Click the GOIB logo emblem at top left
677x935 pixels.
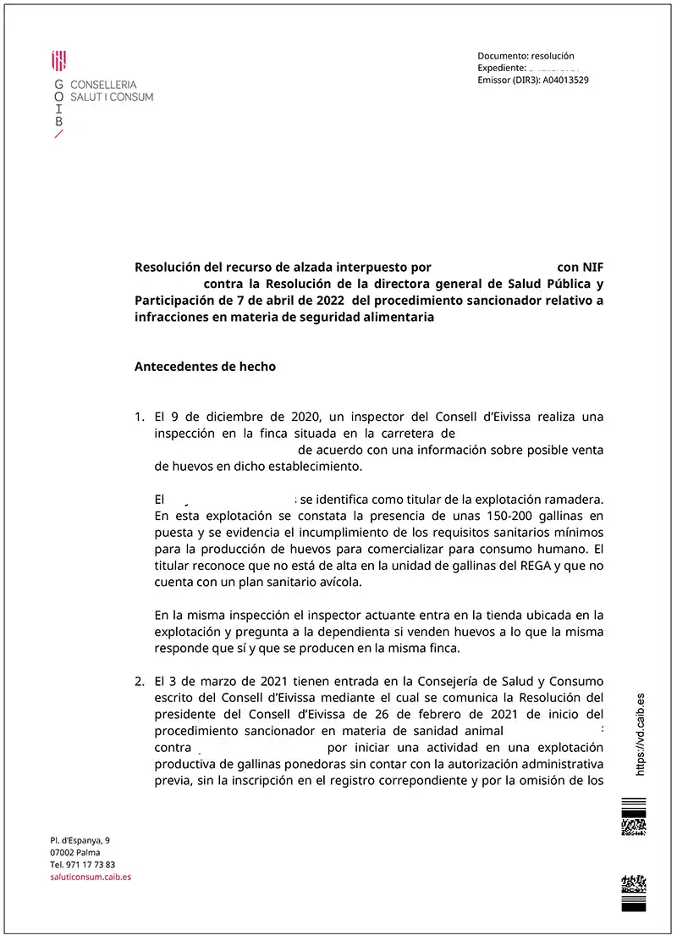[x=59, y=60]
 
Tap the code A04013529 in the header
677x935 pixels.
[x=565, y=80]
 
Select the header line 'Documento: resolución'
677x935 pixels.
[x=526, y=56]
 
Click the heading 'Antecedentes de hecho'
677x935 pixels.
[x=205, y=367]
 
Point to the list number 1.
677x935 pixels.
[x=140, y=417]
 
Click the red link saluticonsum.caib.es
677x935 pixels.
[x=91, y=877]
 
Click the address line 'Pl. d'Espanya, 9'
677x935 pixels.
[x=80, y=839]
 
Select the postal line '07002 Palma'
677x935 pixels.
[x=76, y=852]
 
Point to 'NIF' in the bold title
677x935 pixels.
[x=593, y=267]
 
